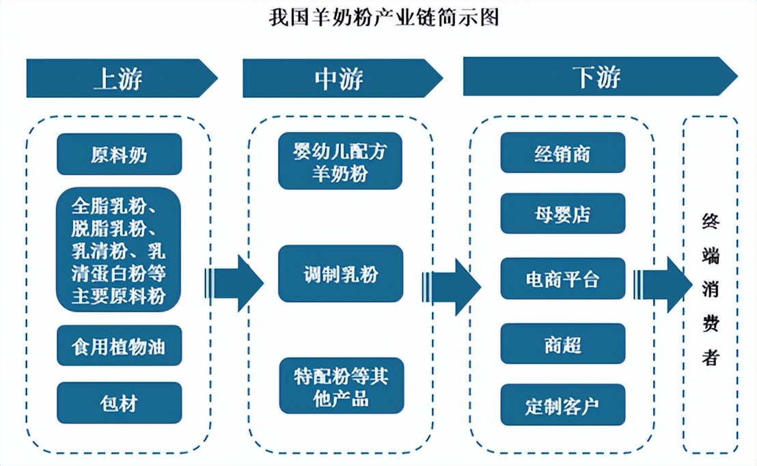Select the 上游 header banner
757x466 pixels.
pos(120,78)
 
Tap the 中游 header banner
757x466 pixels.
pos(340,78)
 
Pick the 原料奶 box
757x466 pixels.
pos(119,154)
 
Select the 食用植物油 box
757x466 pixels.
pos(119,346)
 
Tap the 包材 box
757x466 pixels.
pos(119,403)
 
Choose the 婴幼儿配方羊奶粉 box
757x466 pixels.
pos(340,161)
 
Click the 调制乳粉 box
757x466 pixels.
pos(340,274)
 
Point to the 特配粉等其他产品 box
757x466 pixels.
pos(340,386)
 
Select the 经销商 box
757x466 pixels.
pos(562,153)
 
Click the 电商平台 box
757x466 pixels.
pos(562,278)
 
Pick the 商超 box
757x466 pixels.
pos(562,344)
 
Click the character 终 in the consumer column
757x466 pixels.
pos(711,221)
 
